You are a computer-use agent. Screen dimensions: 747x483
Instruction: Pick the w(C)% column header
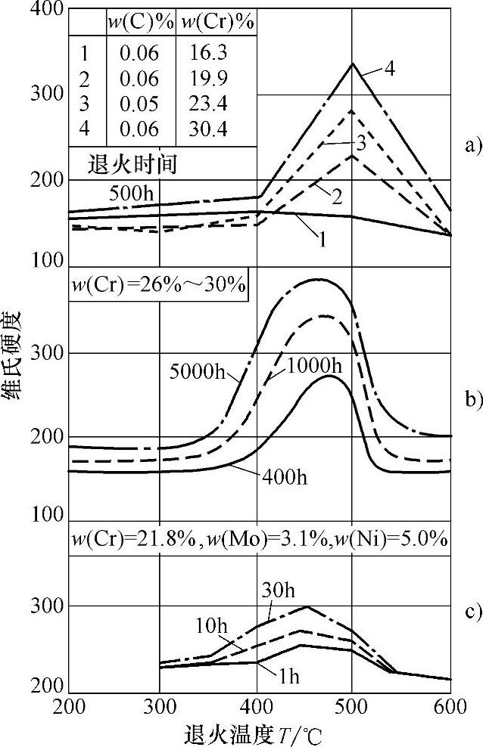[x=140, y=23]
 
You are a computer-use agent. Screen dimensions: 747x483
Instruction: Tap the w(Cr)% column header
[x=215, y=23]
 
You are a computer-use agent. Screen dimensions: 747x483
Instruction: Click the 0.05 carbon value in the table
[x=140, y=105]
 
